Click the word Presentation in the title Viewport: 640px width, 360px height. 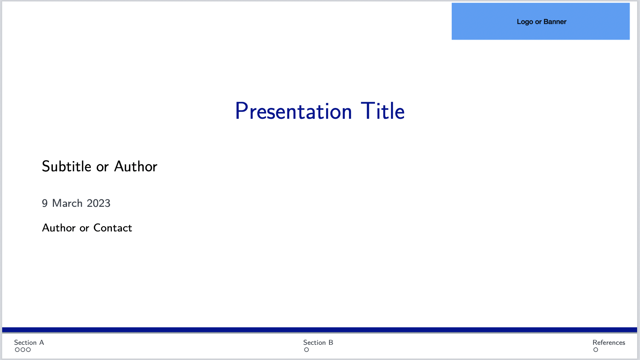[294, 111]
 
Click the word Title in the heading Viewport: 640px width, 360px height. [383, 111]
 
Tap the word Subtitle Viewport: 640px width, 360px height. [67, 167]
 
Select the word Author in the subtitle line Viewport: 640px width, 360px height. [136, 167]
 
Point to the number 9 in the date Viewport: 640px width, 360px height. [45, 203]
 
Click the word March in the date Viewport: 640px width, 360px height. [67, 203]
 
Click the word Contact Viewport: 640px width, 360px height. [113, 228]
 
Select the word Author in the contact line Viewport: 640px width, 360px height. [59, 228]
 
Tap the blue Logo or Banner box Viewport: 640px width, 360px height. [540, 21]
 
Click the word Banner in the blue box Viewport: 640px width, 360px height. [555, 22]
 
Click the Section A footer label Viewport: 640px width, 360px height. [29, 343]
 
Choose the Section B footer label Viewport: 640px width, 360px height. [318, 343]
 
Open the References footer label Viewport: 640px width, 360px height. [609, 343]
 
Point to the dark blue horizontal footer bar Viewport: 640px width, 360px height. [320, 330]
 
